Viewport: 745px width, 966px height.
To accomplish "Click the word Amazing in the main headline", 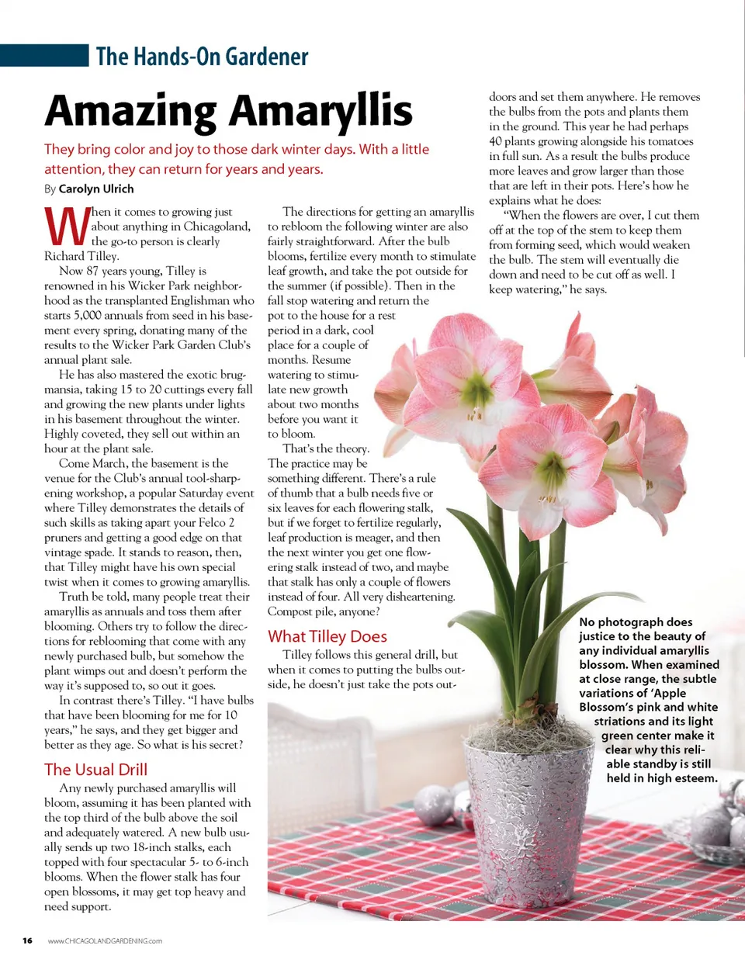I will point(130,111).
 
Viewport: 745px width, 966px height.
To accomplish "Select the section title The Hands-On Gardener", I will point(202,57).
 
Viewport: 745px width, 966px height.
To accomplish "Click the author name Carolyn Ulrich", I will point(96,189).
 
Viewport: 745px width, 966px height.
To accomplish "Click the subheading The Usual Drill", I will point(95,770).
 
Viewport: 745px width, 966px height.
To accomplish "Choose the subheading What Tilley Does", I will point(327,636).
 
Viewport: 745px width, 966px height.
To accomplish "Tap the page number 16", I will point(27,941).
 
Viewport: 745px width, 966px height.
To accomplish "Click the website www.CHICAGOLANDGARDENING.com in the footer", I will point(105,941).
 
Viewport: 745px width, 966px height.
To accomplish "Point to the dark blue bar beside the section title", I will point(44,56).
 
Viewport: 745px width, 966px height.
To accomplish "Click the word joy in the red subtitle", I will point(182,149).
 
